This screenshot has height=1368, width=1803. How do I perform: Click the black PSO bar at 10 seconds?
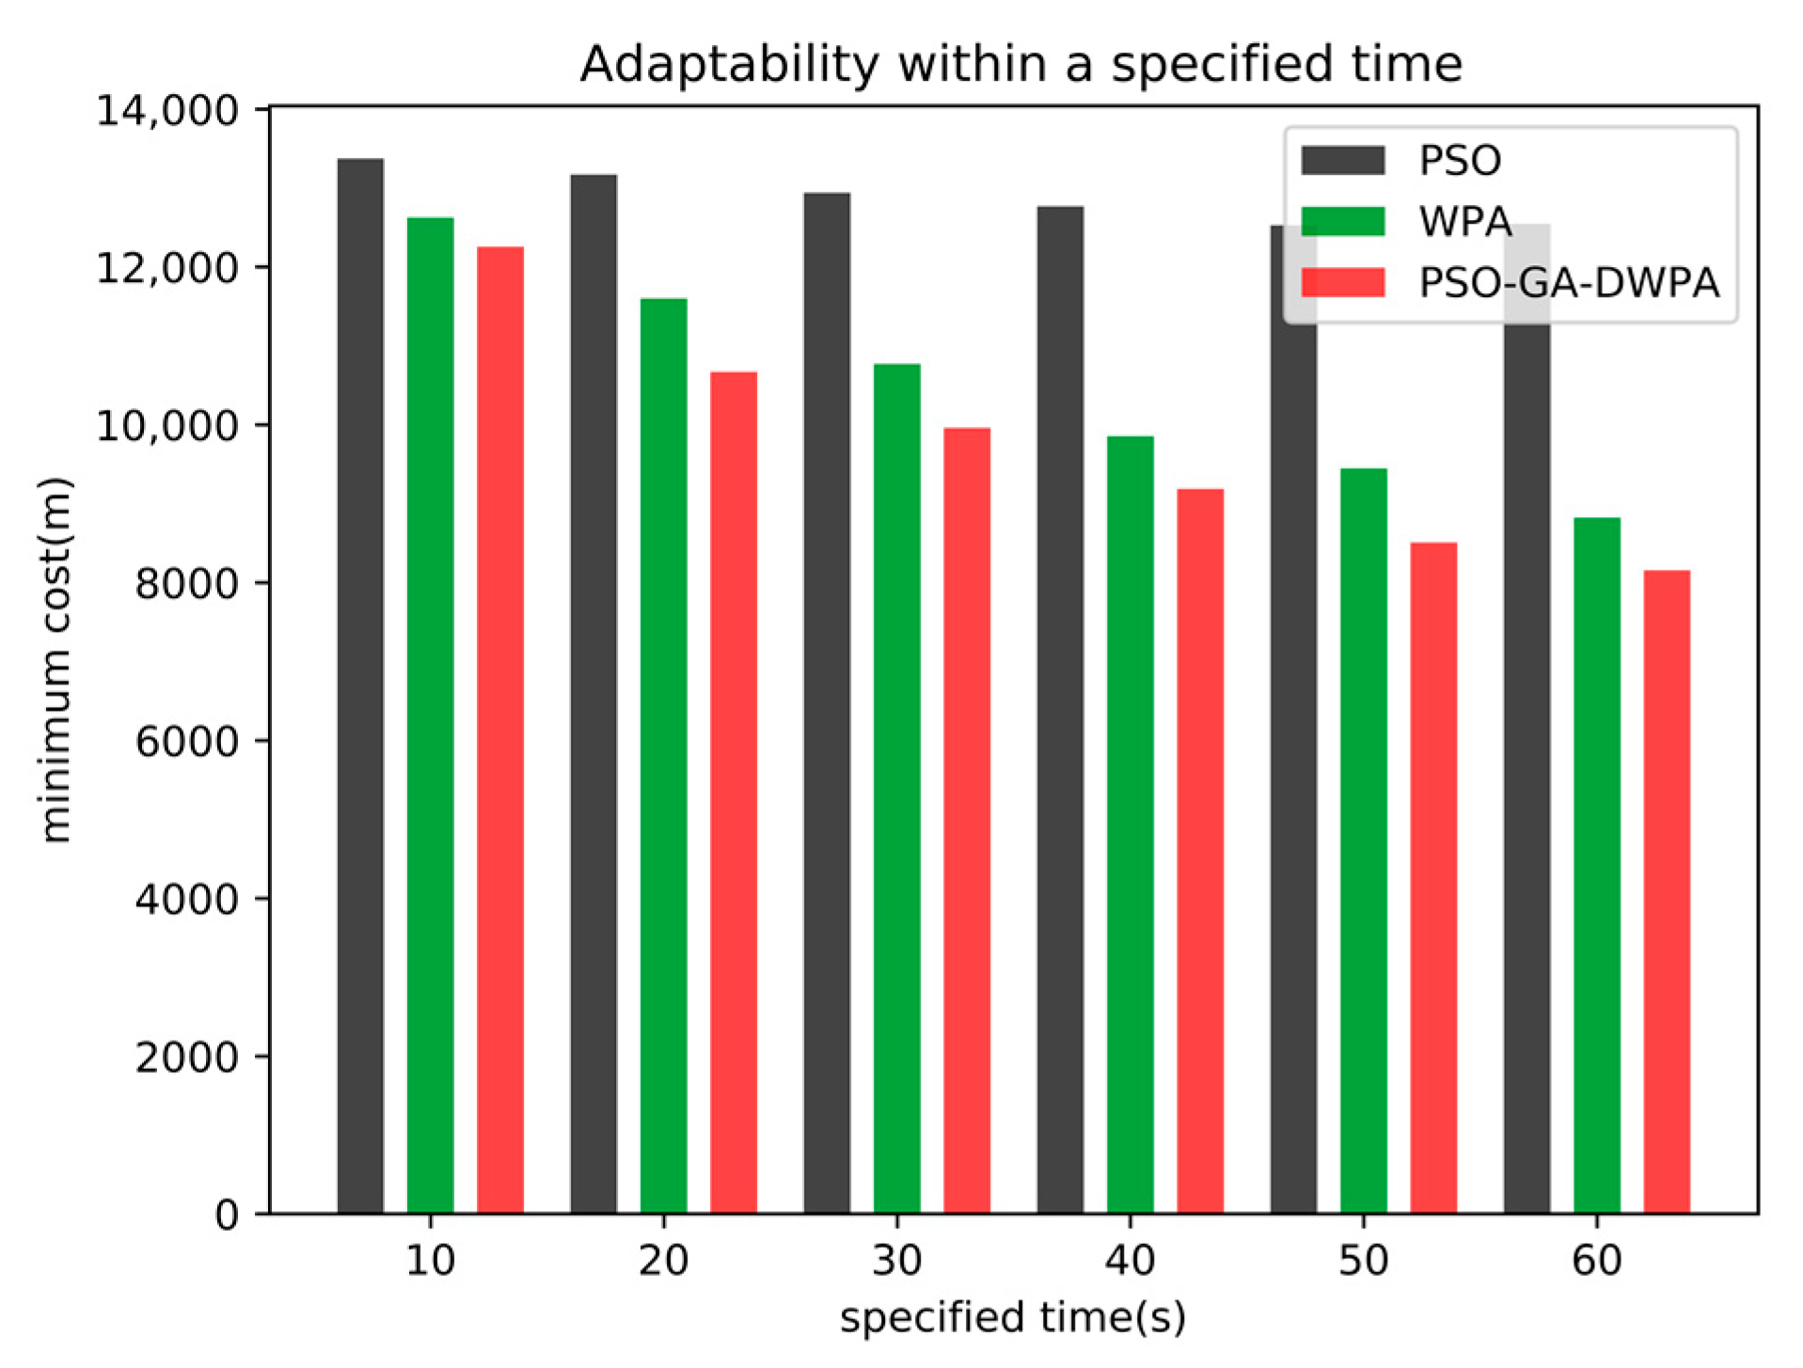coord(360,686)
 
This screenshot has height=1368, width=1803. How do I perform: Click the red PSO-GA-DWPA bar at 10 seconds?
coord(500,730)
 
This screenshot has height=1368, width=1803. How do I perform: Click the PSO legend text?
coord(1459,161)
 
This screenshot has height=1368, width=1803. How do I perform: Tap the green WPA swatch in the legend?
coord(1342,221)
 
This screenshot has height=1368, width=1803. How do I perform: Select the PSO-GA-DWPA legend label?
coord(1568,283)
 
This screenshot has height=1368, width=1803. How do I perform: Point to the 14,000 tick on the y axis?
coord(168,111)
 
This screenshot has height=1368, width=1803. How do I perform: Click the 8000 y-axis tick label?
coord(186,584)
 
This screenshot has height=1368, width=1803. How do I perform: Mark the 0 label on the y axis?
coord(227,1216)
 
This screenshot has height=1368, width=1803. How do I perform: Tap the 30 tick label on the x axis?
coord(896,1260)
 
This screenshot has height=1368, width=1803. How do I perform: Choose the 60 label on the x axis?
coord(1596,1260)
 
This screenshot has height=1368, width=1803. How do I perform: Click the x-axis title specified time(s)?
coord(1012,1317)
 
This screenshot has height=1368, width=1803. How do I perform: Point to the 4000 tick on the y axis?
coord(186,900)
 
